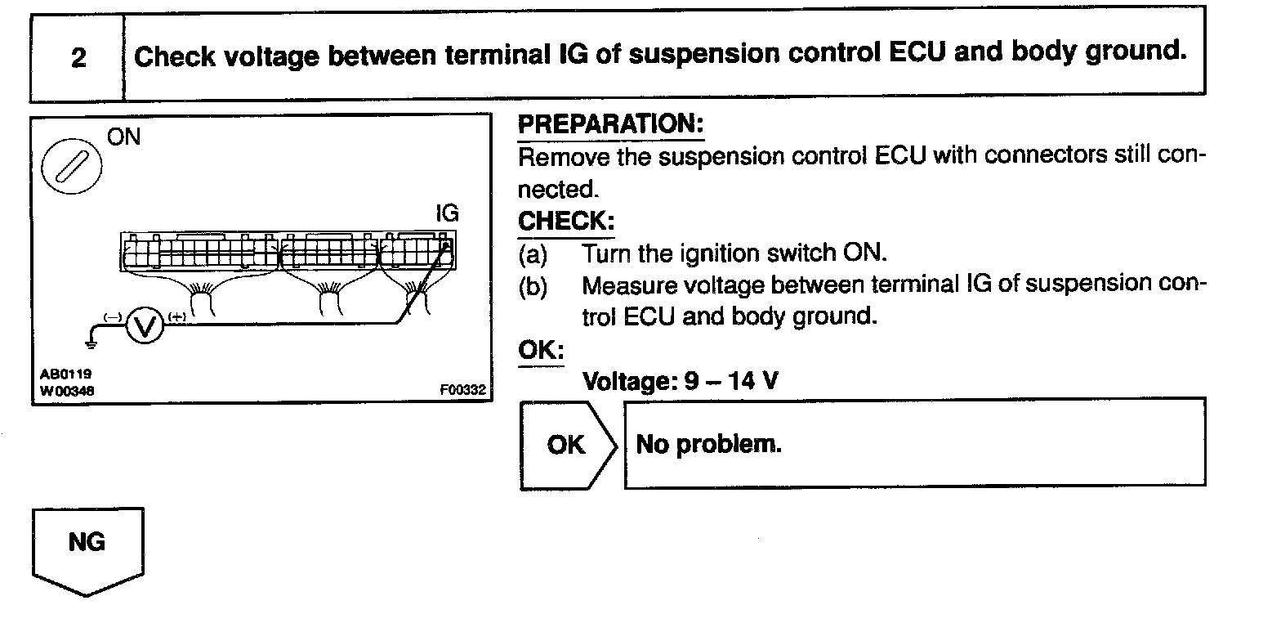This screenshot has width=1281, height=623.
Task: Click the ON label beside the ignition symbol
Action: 124,137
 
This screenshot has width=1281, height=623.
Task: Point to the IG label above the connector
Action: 448,213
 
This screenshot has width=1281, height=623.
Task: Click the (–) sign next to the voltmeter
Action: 113,316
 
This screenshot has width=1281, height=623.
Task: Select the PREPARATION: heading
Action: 610,125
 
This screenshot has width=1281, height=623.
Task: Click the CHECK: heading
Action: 566,222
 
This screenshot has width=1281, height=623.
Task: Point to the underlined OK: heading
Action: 541,349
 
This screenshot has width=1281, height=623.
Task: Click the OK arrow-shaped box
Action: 567,445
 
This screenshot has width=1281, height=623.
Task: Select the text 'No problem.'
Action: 708,444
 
